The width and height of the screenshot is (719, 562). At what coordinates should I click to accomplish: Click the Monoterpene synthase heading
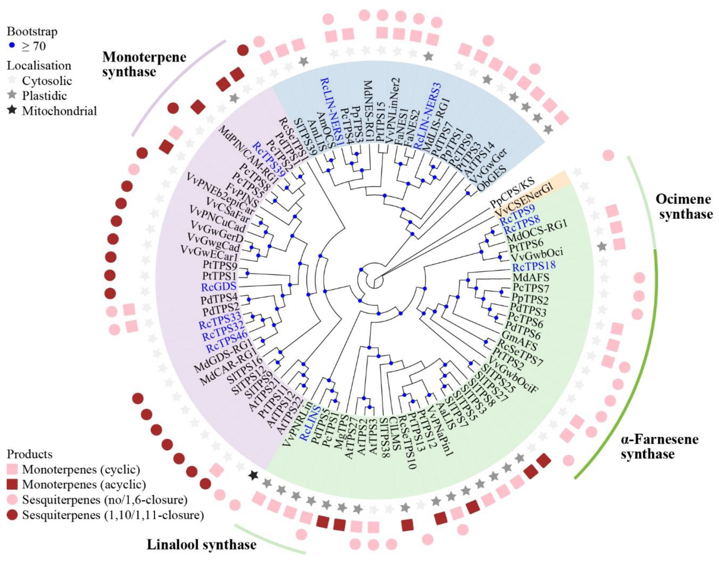click(144, 64)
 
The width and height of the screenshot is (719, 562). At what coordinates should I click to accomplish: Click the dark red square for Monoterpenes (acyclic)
click(13, 484)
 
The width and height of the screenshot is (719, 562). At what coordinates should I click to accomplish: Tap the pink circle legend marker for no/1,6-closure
click(13, 500)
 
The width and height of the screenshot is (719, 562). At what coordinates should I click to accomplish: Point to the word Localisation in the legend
click(39, 65)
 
